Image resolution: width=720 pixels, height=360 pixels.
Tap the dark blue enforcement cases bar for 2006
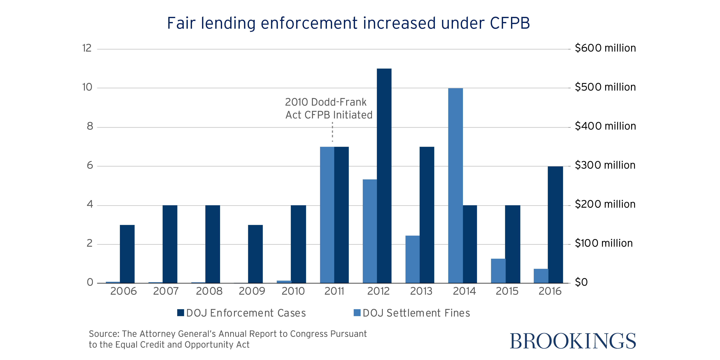(127, 254)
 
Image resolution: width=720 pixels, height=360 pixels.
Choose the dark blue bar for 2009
(255, 254)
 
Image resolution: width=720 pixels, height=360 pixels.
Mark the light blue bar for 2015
(498, 271)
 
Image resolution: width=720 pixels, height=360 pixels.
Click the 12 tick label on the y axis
(87, 48)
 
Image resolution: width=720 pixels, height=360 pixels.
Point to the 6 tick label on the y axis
(90, 165)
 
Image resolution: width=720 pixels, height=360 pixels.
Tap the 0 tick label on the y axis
(90, 282)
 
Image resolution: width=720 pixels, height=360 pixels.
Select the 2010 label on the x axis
(293, 291)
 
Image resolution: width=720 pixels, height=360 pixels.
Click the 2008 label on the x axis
(209, 291)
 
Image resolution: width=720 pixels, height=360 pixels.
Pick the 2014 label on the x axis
(464, 291)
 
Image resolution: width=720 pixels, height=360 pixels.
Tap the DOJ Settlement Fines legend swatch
(357, 313)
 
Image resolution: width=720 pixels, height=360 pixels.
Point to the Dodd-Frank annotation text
(328, 108)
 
